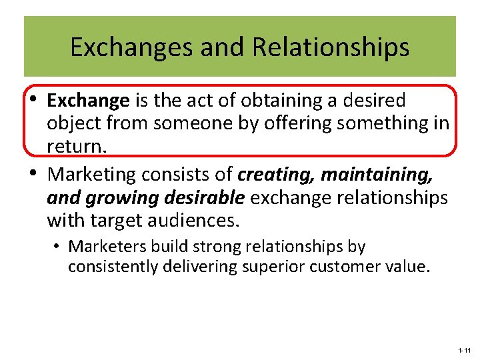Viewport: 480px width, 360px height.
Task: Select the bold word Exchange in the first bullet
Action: pyautogui.click(x=88, y=101)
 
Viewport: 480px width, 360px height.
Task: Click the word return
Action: pyautogui.click(x=76, y=146)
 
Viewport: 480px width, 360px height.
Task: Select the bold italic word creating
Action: pyautogui.click(x=276, y=175)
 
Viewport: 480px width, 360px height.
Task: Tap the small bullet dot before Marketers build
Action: pyautogui.click(x=59, y=247)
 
